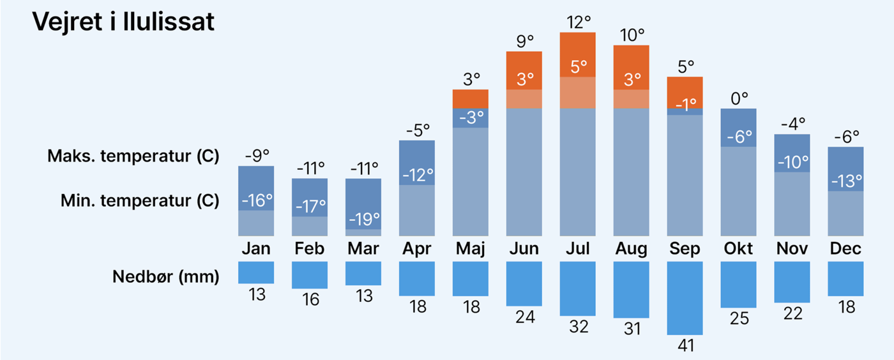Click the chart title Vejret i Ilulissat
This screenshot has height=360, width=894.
pyautogui.click(x=123, y=22)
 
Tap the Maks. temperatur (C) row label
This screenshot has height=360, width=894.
pyautogui.click(x=133, y=156)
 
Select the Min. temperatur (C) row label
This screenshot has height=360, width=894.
pyautogui.click(x=139, y=201)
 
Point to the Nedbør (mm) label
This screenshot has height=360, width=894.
pyautogui.click(x=165, y=277)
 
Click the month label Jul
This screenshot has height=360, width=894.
pyautogui.click(x=577, y=248)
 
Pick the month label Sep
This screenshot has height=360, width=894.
pyautogui.click(x=685, y=248)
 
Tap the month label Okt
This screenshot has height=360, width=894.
pyautogui.click(x=738, y=248)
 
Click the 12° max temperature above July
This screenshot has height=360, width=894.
pyautogui.click(x=579, y=22)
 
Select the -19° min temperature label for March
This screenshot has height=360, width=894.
pyautogui.click(x=363, y=220)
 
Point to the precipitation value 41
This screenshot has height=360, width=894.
pyautogui.click(x=685, y=345)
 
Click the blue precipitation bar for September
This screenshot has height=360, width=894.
pyautogui.click(x=685, y=297)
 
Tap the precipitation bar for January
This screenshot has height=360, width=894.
pyautogui.click(x=256, y=272)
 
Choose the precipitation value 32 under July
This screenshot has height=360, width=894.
pyautogui.click(x=577, y=326)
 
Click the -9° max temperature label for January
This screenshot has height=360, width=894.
pyautogui.click(x=257, y=156)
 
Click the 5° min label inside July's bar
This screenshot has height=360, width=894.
pyautogui.click(x=579, y=66)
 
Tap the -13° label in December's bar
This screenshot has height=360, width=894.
pyautogui.click(x=845, y=181)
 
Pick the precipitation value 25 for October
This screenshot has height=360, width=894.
pyautogui.click(x=738, y=318)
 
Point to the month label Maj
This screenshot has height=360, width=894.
pyautogui.click(x=470, y=248)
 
